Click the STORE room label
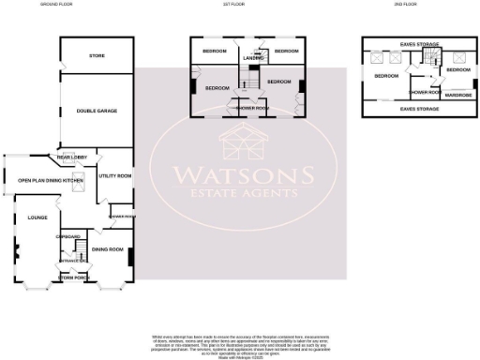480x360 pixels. click(97, 56)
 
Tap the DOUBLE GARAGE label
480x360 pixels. click(97, 112)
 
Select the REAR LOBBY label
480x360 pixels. click(71, 158)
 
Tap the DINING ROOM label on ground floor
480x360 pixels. click(108, 249)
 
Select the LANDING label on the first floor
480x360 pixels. click(252, 59)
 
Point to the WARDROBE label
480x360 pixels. click(458, 95)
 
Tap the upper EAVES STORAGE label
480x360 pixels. click(419, 43)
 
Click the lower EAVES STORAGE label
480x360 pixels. click(419, 110)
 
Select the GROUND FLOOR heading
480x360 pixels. click(57, 5)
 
